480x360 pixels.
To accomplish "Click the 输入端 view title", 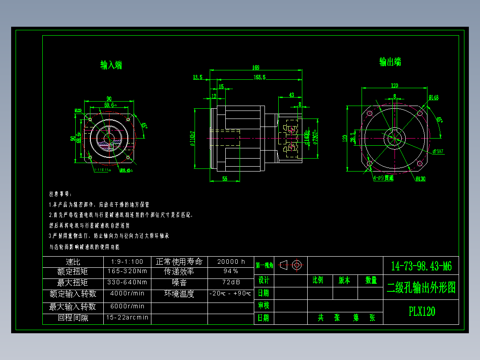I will [111, 65].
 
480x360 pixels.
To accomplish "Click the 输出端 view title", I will [390, 62].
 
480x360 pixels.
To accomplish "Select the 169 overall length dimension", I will [256, 68].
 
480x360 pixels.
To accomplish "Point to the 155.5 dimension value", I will [259, 77].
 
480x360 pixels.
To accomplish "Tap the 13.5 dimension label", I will [197, 77].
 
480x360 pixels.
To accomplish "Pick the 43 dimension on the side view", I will [292, 95].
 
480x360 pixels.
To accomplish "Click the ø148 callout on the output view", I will [434, 97].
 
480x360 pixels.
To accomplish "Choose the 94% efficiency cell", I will [231, 271].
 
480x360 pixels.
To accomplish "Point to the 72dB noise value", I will [231, 282].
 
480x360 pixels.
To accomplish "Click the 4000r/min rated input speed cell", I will [127, 294].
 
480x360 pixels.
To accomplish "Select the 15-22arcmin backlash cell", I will [127, 318].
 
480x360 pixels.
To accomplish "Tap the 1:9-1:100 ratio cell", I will [127, 262].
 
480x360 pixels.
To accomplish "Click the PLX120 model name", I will [422, 311].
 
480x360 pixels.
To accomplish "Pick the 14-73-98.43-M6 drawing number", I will [421, 266].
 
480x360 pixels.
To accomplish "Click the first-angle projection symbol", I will [292, 265].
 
